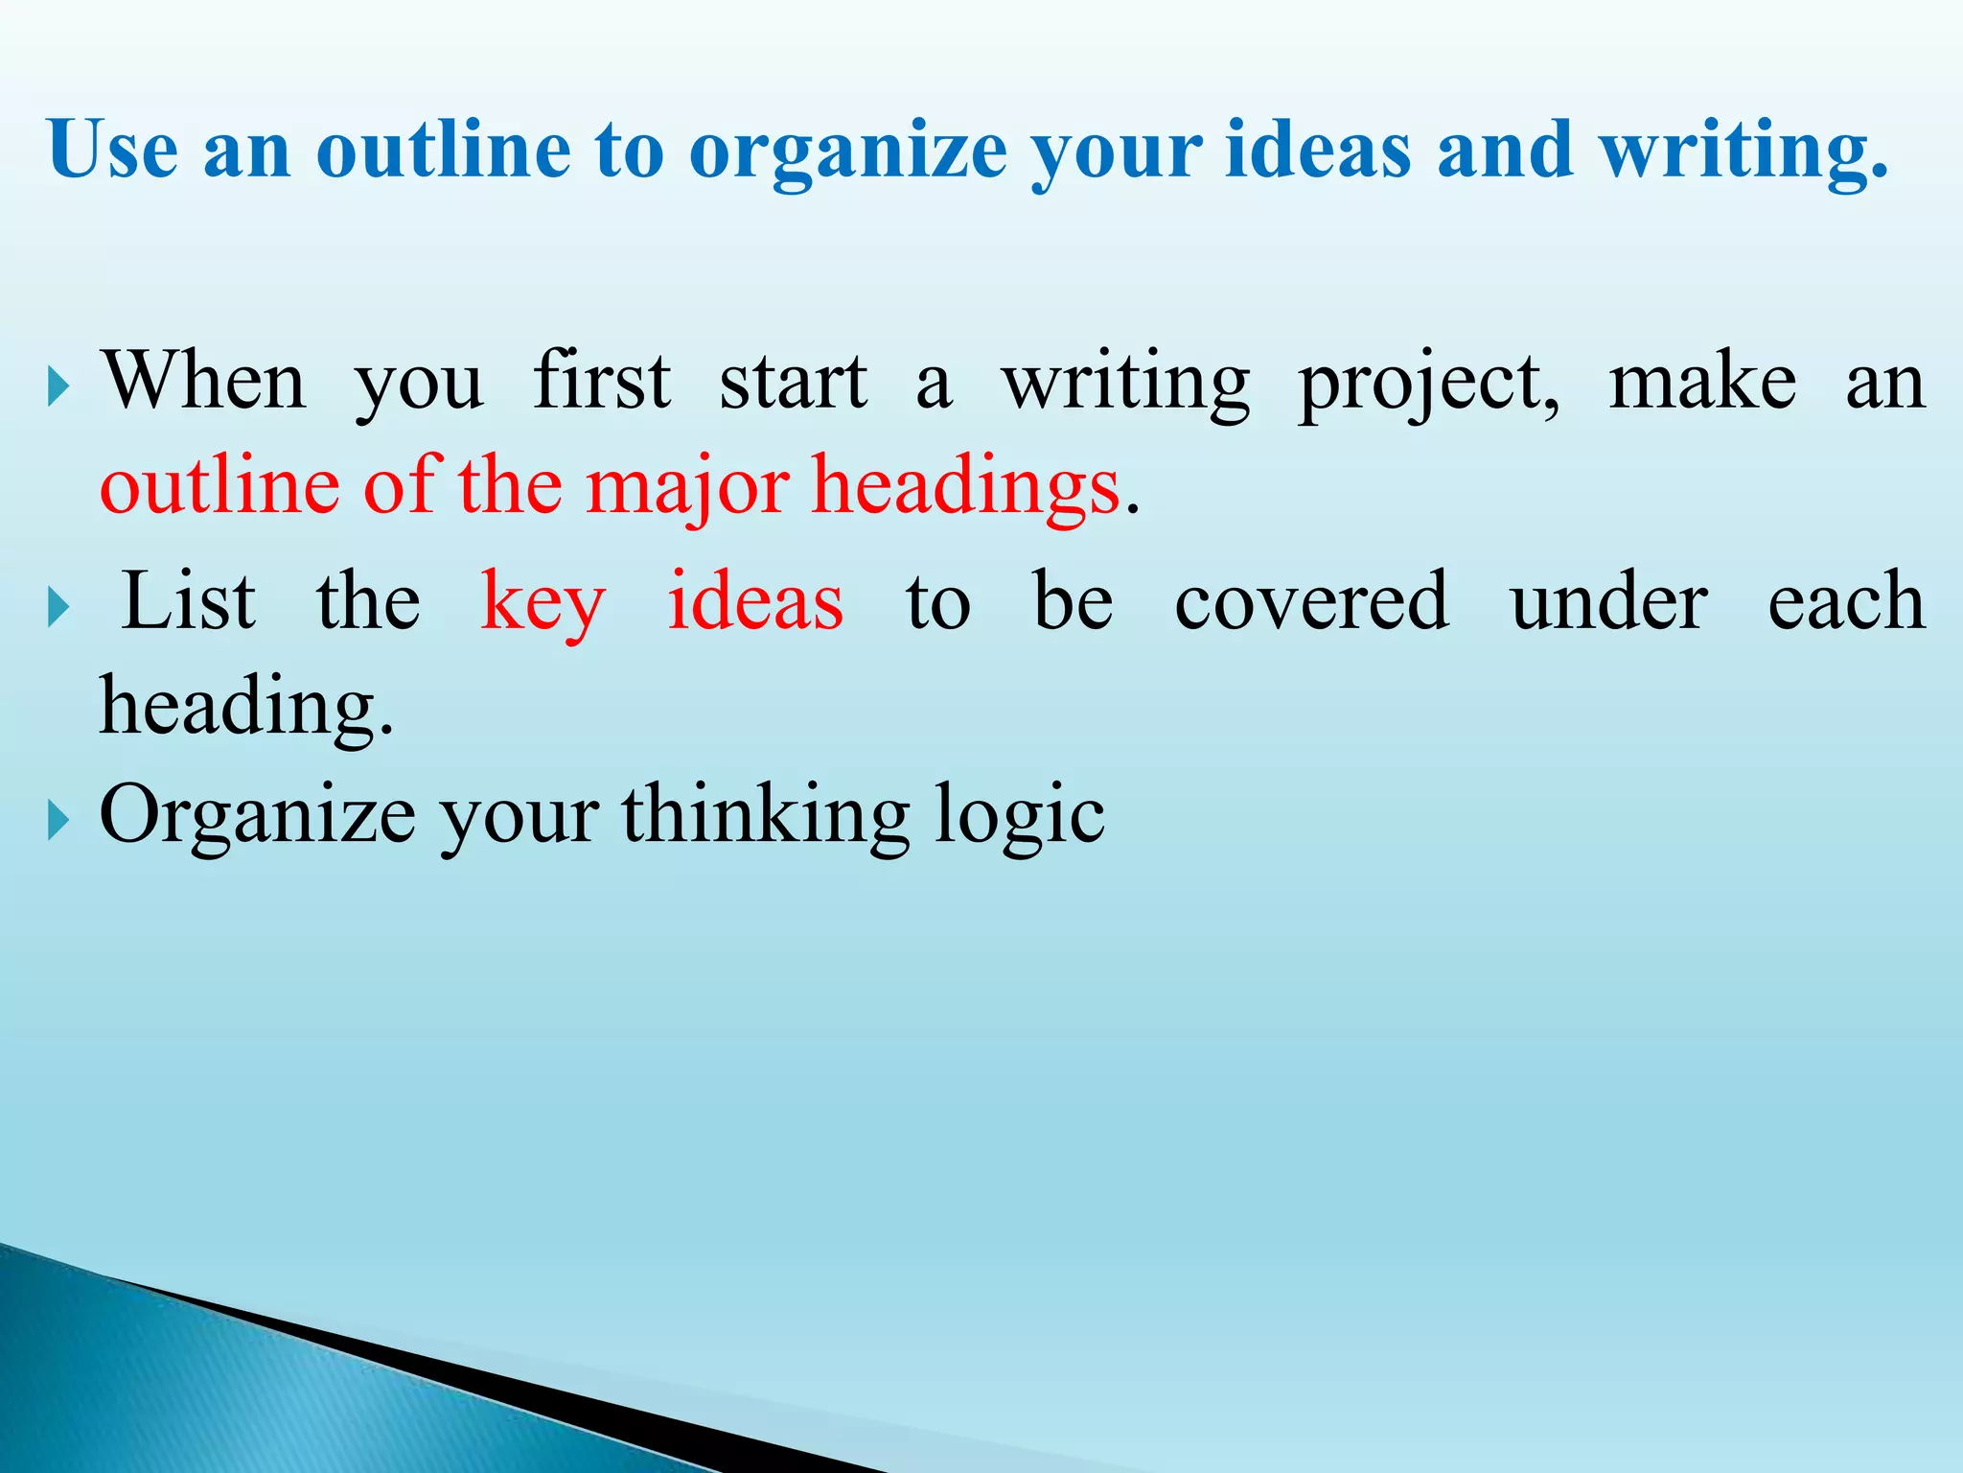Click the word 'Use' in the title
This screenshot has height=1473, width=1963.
[113, 150]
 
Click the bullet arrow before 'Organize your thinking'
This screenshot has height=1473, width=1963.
[58, 821]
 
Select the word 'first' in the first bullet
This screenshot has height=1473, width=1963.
[602, 381]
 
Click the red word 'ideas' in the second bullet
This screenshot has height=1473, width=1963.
[755, 601]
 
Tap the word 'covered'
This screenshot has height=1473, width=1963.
[1311, 601]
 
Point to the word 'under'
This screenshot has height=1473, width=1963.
[1608, 601]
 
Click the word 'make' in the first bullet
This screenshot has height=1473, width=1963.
[1702, 383]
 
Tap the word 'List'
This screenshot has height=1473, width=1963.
[190, 601]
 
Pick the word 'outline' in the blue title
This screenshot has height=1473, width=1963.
[444, 150]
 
